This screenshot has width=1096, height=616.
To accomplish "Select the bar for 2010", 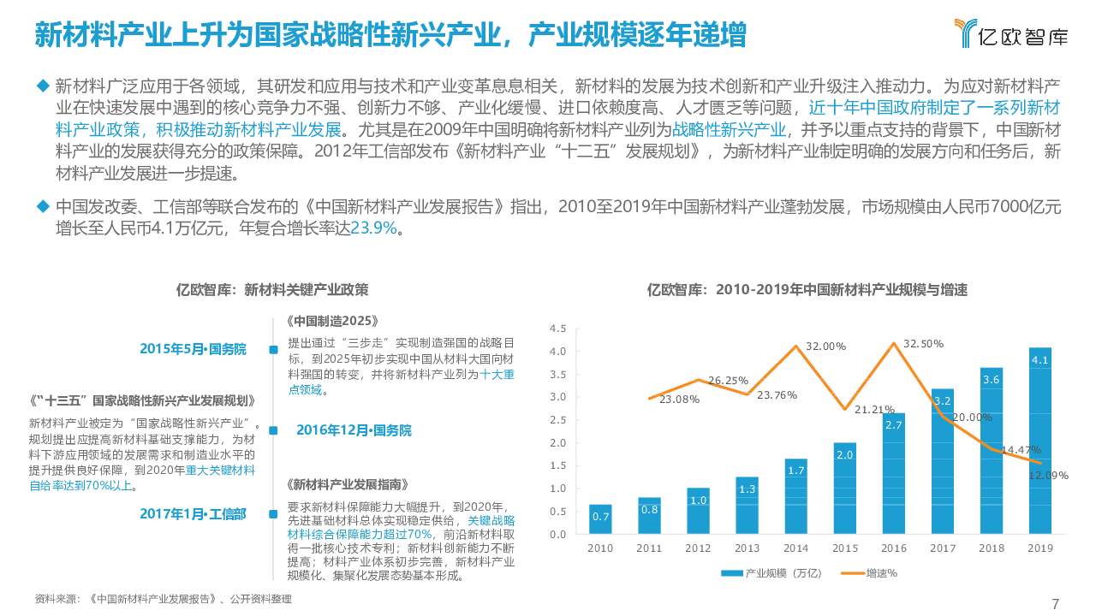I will click(600, 519).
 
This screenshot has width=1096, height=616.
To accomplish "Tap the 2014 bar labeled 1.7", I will click(795, 496).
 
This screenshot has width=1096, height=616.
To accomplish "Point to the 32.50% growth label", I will click(923, 344).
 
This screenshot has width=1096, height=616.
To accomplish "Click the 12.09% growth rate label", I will click(1047, 476).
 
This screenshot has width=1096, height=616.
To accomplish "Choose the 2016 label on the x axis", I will click(893, 548).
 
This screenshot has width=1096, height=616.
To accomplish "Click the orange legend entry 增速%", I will click(868, 573).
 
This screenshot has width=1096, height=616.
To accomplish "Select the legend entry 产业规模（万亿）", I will click(771, 573).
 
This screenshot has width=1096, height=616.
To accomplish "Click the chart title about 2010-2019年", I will click(807, 290).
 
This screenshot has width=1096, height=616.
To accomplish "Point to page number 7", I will click(1055, 604).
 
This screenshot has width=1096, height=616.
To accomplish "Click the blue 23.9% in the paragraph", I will click(373, 228).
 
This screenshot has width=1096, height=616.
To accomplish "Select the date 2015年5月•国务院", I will click(193, 349).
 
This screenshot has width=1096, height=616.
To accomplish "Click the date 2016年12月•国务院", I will click(354, 430).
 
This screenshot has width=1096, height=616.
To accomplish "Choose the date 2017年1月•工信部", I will click(193, 514).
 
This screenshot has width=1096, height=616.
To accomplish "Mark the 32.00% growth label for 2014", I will click(825, 346).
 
